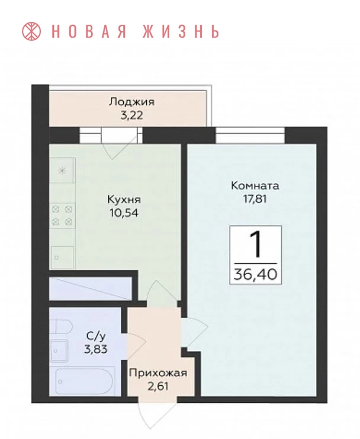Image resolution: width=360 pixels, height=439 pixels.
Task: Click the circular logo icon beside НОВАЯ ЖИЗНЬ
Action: (31, 31)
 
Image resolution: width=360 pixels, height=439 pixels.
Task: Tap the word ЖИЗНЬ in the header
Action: (181, 31)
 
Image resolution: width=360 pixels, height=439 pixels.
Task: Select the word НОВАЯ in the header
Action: (89, 31)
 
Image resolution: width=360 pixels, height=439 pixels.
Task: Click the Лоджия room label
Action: (131, 102)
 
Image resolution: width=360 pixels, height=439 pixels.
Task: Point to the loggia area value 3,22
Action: (131, 115)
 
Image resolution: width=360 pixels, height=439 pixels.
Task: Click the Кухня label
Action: (124, 199)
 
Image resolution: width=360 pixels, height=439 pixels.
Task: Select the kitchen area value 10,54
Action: (124, 213)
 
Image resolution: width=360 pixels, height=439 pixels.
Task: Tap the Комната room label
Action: (255, 186)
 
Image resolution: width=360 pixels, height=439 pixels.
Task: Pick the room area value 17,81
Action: (255, 199)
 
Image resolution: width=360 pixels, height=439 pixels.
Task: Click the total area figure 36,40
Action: (255, 274)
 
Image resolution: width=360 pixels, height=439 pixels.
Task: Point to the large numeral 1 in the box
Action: (255, 246)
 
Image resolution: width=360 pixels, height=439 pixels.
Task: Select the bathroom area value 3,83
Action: (96, 349)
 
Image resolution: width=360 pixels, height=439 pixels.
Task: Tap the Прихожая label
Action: (158, 373)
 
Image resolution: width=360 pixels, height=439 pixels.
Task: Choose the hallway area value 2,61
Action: (158, 387)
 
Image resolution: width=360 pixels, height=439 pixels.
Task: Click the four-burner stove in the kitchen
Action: (62, 216)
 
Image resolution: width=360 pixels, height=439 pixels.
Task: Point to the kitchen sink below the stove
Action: (62, 257)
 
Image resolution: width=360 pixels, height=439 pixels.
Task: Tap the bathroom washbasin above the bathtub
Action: (59, 351)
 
